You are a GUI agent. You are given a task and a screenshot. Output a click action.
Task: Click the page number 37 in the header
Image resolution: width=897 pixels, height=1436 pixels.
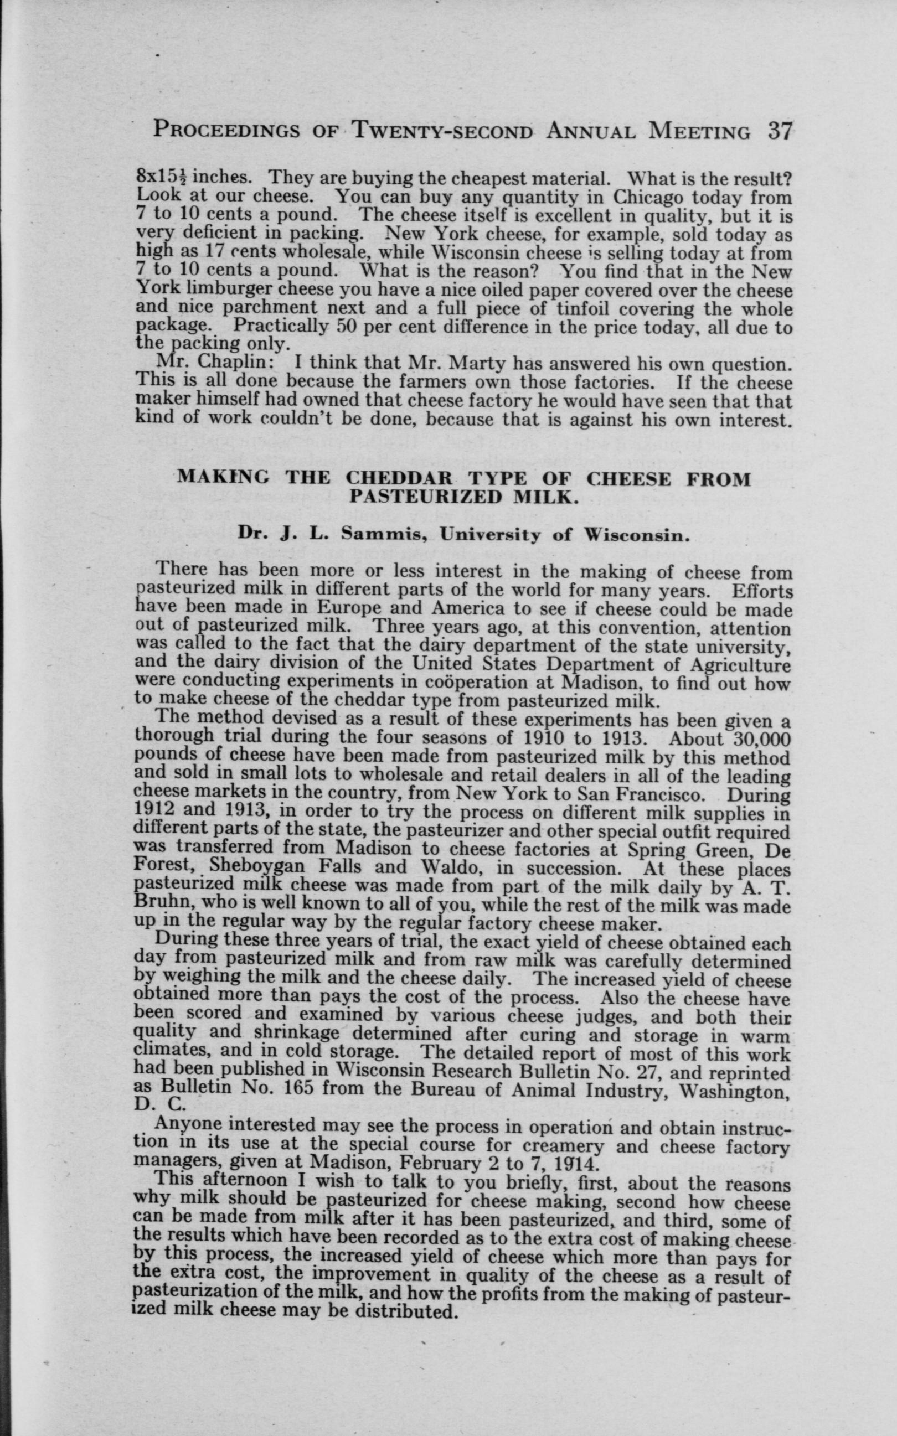pos(778,130)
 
